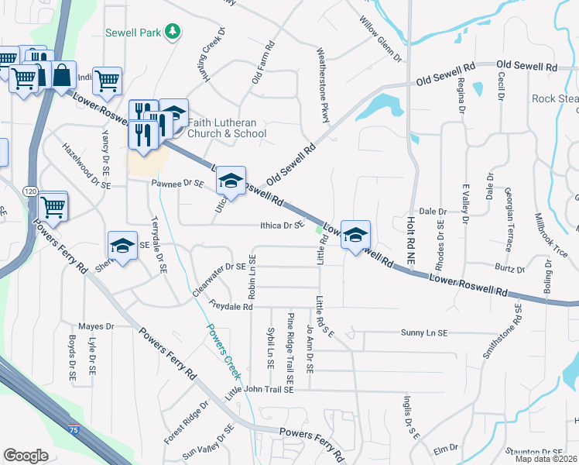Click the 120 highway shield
(x=30, y=191)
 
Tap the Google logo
(x=26, y=456)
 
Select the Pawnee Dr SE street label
(x=176, y=184)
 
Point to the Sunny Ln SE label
(x=424, y=332)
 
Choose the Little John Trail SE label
(x=259, y=391)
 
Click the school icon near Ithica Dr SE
(x=355, y=236)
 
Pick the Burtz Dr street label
(x=510, y=270)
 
